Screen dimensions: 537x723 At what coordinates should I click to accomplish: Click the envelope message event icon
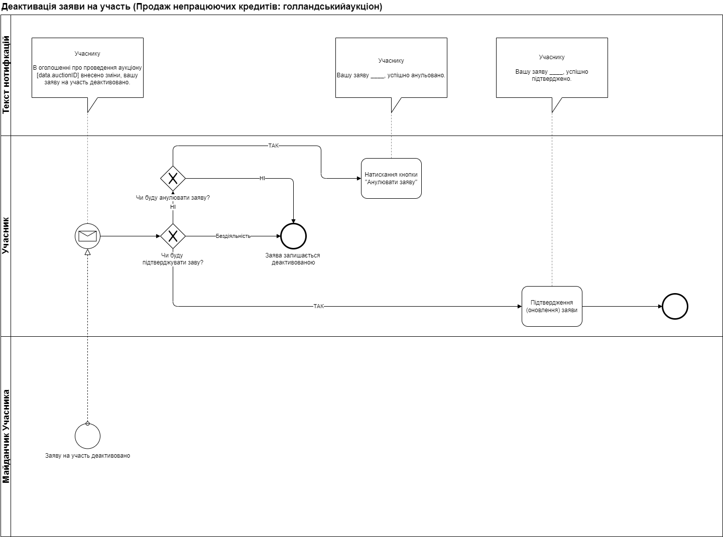coord(87,236)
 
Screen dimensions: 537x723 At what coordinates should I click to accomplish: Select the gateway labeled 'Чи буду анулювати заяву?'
coord(173,178)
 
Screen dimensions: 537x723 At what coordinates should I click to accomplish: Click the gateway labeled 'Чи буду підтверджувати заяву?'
coord(173,236)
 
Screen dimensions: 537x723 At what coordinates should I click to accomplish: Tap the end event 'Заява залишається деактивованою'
coord(293,236)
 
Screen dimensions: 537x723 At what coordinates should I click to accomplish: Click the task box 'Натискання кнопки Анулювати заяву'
coord(391,179)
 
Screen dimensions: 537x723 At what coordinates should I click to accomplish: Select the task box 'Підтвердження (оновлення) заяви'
coord(552,306)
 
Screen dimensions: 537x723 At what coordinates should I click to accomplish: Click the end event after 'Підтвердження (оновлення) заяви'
coord(674,306)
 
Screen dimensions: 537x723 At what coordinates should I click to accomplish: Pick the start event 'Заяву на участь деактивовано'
coord(87,436)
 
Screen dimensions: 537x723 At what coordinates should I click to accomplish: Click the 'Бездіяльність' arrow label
coord(233,236)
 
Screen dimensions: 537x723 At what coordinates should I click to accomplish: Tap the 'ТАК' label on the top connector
coord(273,146)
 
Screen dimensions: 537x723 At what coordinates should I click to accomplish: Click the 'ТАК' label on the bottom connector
coord(318,306)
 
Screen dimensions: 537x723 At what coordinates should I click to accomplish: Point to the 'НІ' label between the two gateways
coord(173,207)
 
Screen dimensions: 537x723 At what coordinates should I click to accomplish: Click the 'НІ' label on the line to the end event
coord(262,178)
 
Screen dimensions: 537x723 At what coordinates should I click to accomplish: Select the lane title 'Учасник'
coord(6,236)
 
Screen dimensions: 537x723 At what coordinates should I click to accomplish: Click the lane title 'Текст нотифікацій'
coord(6,75)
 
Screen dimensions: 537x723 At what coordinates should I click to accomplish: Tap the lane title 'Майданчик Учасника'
coord(6,436)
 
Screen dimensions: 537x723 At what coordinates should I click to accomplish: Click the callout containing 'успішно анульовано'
coord(391,68)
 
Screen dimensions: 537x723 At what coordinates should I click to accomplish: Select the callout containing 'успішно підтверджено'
coord(552,68)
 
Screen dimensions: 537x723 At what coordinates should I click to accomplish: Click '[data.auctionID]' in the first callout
coord(58,75)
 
